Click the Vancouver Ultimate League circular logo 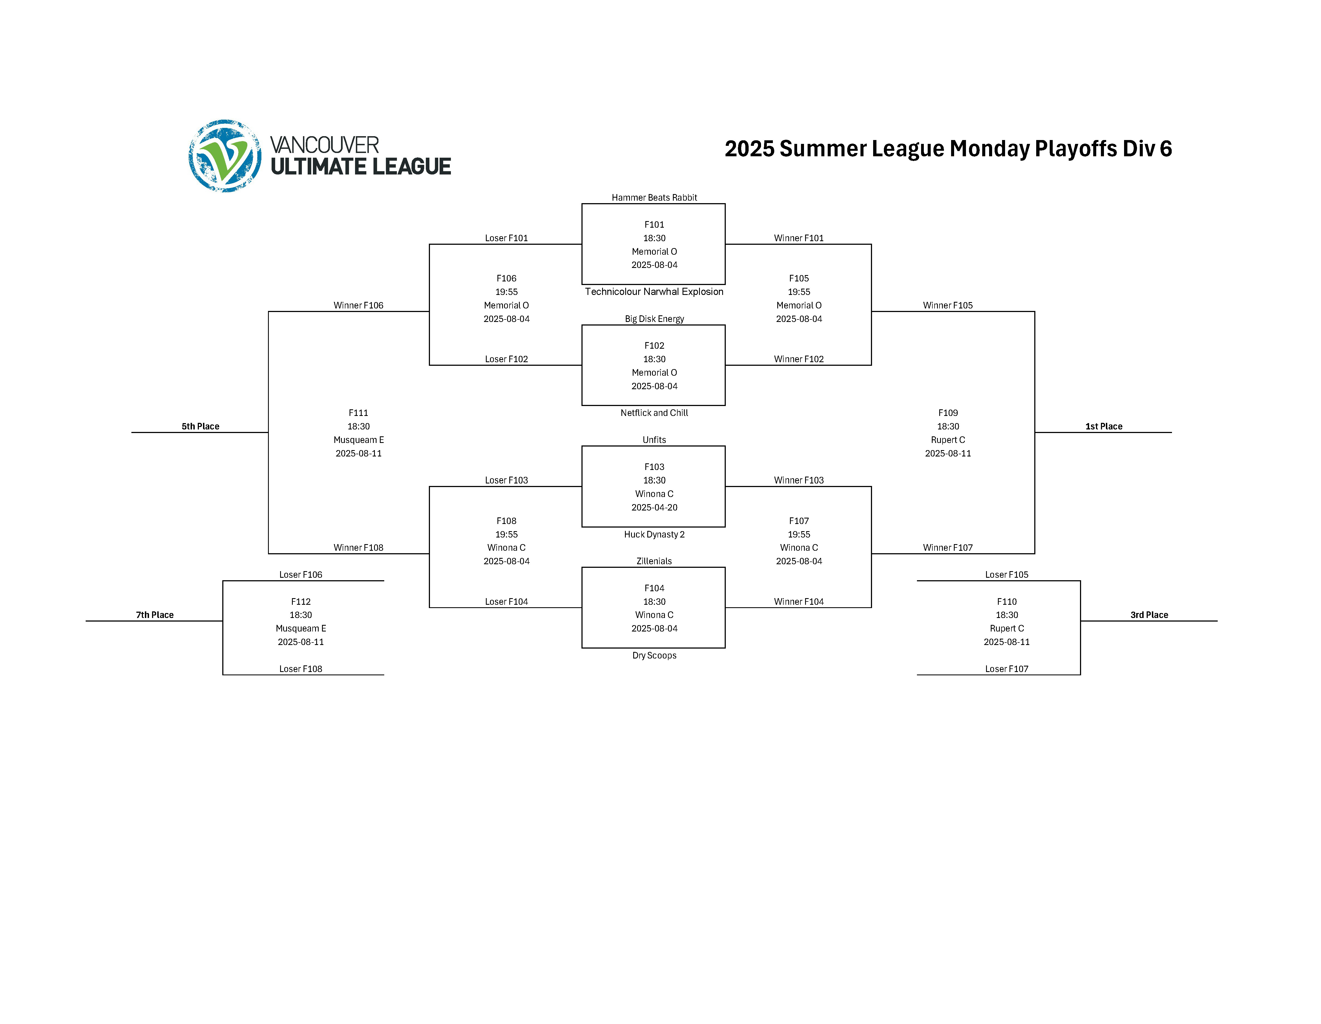point(225,156)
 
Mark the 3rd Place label point(1149,615)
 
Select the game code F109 point(948,413)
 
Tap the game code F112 point(301,601)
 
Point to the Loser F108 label point(301,669)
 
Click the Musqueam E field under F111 point(359,440)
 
